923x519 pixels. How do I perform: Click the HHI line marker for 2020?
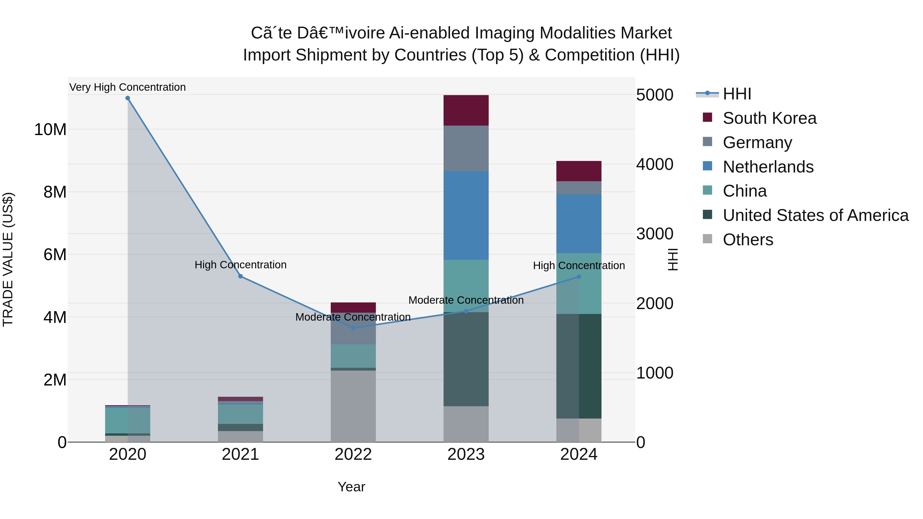pyautogui.click(x=128, y=98)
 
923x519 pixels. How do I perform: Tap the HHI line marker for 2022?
pyautogui.click(x=353, y=328)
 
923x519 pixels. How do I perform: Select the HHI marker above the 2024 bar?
pyautogui.click(x=579, y=277)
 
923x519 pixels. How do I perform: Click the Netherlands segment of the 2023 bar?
pyautogui.click(x=466, y=216)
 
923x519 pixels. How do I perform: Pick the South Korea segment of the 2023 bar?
pyautogui.click(x=466, y=110)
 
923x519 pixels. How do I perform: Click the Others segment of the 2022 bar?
pyautogui.click(x=353, y=406)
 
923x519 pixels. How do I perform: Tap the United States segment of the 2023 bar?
pyautogui.click(x=466, y=359)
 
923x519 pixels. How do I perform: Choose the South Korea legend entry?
pyautogui.click(x=769, y=118)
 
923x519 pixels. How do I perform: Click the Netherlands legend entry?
pyautogui.click(x=768, y=167)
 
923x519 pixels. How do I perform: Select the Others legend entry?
pyautogui.click(x=748, y=240)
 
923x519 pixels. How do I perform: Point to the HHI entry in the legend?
pyautogui.click(x=737, y=94)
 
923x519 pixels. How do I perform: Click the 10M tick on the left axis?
pyautogui.click(x=50, y=129)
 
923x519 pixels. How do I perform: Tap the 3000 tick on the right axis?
pyautogui.click(x=655, y=234)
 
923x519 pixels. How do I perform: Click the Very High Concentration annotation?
pyautogui.click(x=128, y=87)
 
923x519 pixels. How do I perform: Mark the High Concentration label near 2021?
pyautogui.click(x=240, y=265)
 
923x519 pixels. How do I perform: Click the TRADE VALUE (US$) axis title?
pyautogui.click(x=8, y=259)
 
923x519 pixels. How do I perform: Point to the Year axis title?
pyautogui.click(x=351, y=487)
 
